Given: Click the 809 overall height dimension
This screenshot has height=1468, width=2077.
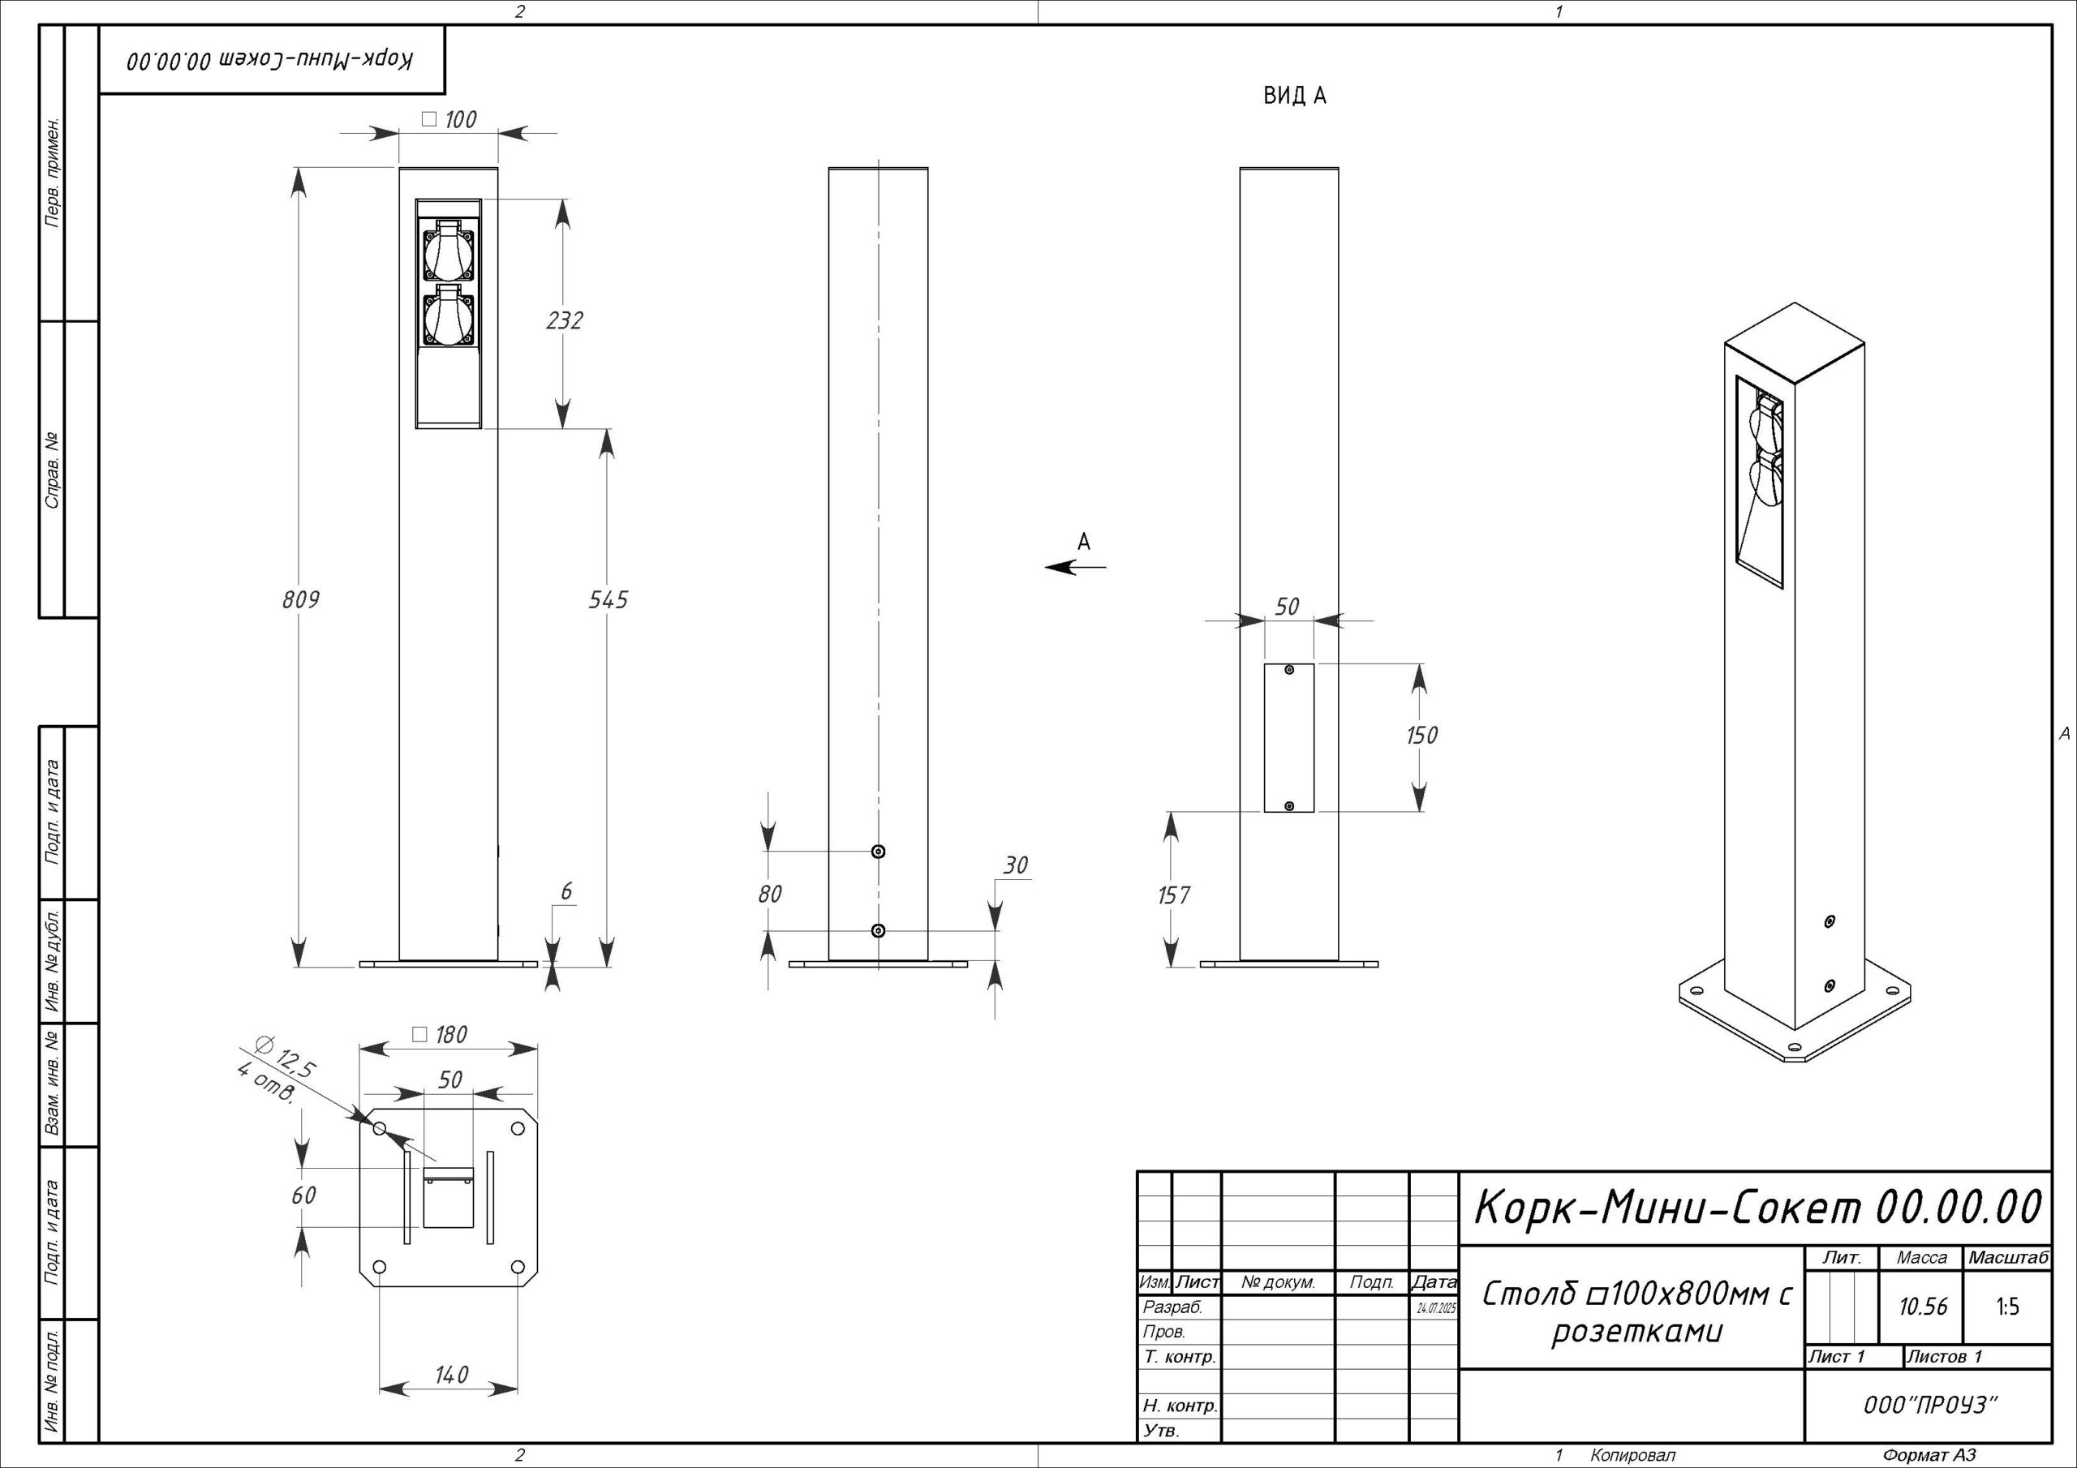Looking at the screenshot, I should (x=300, y=599).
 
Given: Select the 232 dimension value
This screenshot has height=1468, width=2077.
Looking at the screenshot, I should (x=565, y=320).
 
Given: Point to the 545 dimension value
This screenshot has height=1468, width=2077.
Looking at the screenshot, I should (x=608, y=599).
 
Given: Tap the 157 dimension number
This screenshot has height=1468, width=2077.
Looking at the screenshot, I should (x=1174, y=895).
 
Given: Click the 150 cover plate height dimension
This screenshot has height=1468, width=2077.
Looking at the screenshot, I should (x=1421, y=736).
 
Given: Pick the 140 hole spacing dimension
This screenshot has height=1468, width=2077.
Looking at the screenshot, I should (x=451, y=1376).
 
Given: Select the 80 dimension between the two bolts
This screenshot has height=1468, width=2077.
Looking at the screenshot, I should (x=770, y=895).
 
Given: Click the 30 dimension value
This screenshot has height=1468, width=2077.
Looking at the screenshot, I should (x=1015, y=865).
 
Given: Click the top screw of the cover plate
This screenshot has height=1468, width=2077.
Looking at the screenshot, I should (x=1289, y=669).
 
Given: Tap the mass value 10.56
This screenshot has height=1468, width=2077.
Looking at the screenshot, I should (x=1923, y=1307).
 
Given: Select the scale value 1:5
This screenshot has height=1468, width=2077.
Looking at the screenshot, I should (x=2007, y=1307).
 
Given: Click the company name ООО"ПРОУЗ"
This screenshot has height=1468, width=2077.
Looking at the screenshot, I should (x=1929, y=1405).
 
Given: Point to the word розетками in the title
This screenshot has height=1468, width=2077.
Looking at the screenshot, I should (x=1638, y=1333).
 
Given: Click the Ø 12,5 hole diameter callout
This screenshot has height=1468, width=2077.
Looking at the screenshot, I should (x=286, y=1058).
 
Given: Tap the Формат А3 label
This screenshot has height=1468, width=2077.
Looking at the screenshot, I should (x=1929, y=1455).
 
